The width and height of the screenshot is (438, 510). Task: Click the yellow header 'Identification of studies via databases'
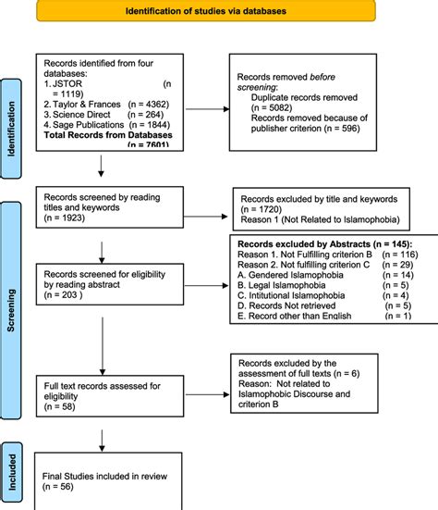click(x=206, y=11)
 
